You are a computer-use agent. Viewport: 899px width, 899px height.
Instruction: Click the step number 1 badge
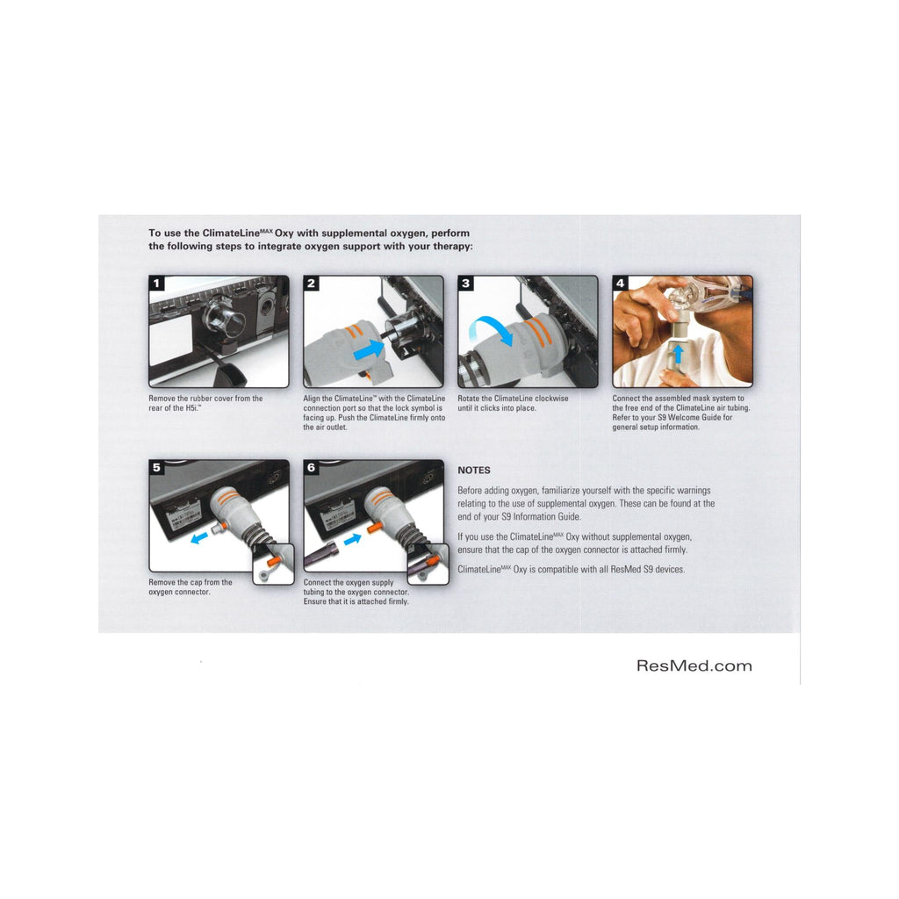click(x=156, y=284)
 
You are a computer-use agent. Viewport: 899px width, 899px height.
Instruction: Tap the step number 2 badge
click(x=311, y=284)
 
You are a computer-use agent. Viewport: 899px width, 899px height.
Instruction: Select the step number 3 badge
click(x=465, y=284)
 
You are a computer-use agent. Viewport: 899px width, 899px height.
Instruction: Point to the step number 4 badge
click(x=620, y=283)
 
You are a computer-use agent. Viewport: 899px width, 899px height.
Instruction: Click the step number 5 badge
click(x=156, y=467)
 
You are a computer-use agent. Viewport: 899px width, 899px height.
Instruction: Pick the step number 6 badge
click(x=311, y=467)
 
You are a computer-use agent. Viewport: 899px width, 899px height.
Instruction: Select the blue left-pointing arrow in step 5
click(x=199, y=538)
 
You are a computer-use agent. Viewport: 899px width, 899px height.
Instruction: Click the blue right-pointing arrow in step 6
click(x=353, y=539)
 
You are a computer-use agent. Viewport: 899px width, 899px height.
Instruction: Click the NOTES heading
click(x=473, y=471)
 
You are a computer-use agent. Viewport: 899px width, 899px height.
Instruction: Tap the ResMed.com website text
click(x=694, y=665)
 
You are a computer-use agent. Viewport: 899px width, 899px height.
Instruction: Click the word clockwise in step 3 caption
click(x=551, y=399)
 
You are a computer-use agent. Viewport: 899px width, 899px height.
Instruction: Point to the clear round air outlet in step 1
click(x=220, y=315)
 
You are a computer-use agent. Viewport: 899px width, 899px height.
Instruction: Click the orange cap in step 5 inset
click(x=272, y=557)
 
